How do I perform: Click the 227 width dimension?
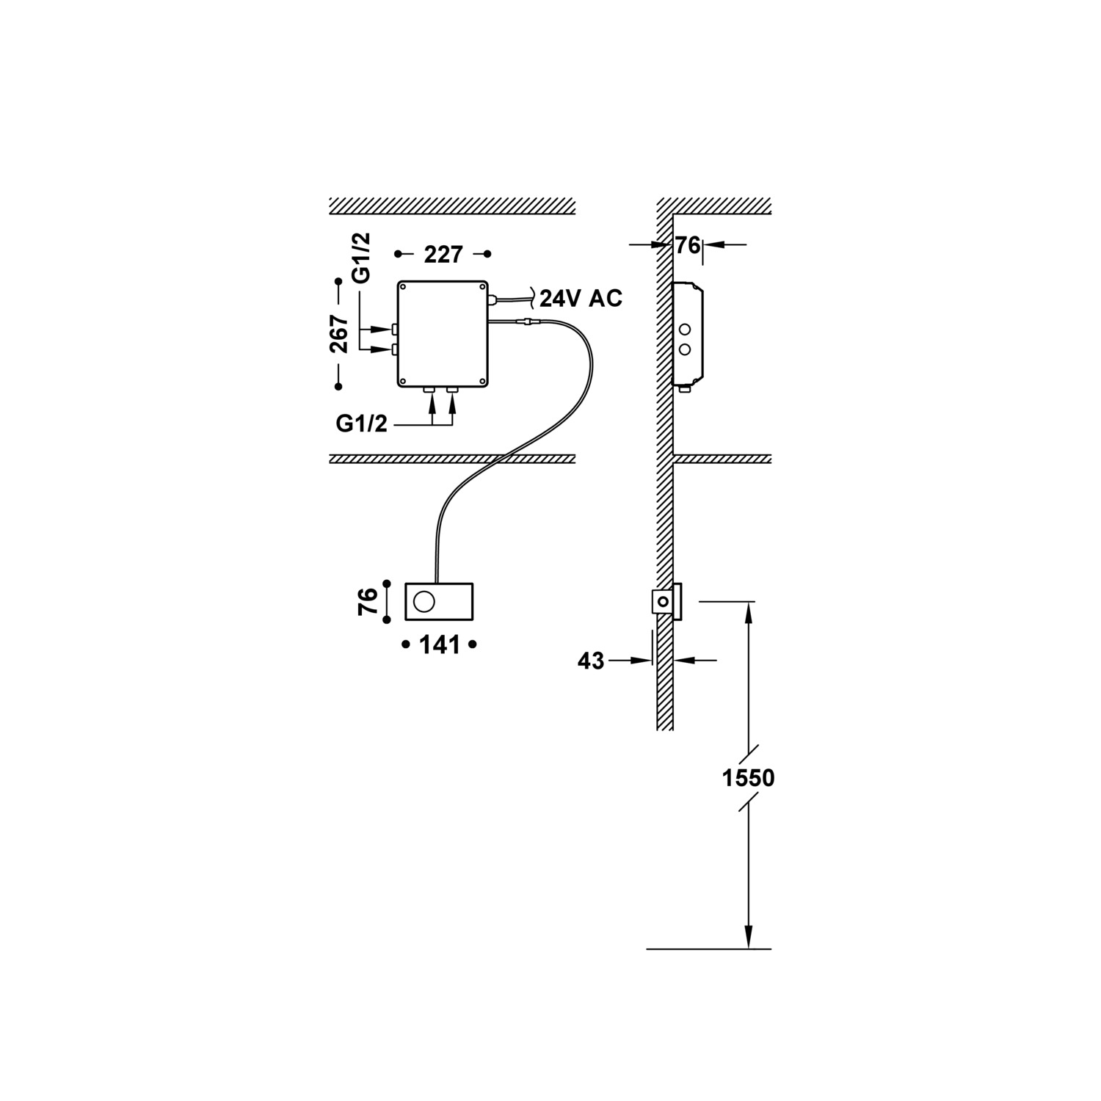click(443, 255)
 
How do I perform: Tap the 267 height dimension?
click(340, 334)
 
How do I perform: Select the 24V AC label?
click(581, 299)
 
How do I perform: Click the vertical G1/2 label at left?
click(361, 258)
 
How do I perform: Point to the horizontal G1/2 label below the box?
click(361, 424)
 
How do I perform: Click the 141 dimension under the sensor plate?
click(439, 645)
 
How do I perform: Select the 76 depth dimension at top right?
click(688, 246)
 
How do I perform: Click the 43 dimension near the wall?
click(591, 661)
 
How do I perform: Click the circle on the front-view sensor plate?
click(424, 602)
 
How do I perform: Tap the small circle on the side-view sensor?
click(663, 601)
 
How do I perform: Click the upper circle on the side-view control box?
click(686, 330)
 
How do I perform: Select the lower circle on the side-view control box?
click(686, 350)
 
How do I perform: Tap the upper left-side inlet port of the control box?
click(394, 329)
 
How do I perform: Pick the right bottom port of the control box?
click(452, 391)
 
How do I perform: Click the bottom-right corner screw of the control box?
click(482, 381)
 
